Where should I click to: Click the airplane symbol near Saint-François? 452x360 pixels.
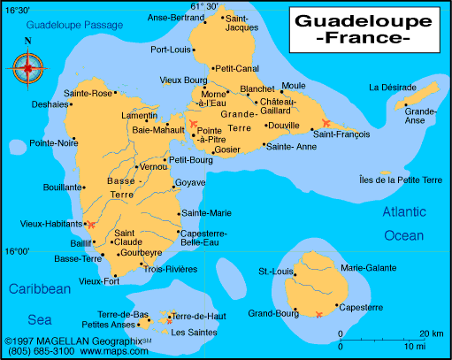coord(326,122)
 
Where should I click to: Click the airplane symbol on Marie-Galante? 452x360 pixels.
coord(319,314)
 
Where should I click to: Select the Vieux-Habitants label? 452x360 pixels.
coord(45,225)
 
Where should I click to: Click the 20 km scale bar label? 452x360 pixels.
coord(432,333)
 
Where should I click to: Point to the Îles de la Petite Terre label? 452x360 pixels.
coord(395,180)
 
